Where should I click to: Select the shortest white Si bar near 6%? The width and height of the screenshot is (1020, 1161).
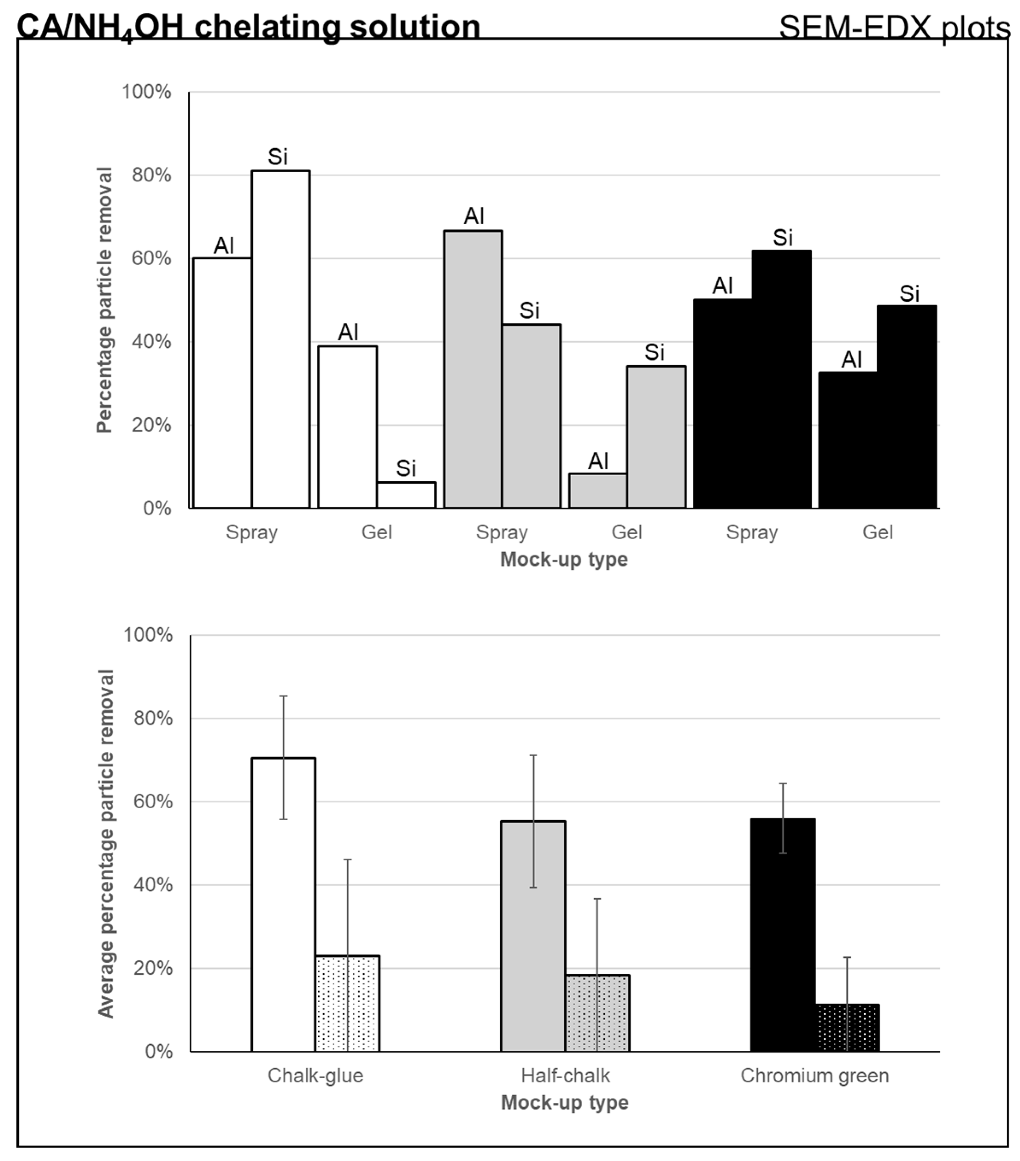(406, 495)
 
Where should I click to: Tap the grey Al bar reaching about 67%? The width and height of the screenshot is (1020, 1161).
(473, 369)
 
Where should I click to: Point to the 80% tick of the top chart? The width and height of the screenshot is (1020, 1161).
(151, 175)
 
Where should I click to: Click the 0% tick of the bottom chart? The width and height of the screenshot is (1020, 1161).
(158, 1051)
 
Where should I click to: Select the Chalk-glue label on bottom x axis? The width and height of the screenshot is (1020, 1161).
(315, 1076)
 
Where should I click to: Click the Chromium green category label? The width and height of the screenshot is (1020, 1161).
(814, 1076)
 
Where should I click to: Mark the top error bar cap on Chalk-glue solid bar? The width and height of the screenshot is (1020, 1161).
(283, 696)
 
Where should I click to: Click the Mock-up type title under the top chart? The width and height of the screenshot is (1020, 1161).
(564, 559)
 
